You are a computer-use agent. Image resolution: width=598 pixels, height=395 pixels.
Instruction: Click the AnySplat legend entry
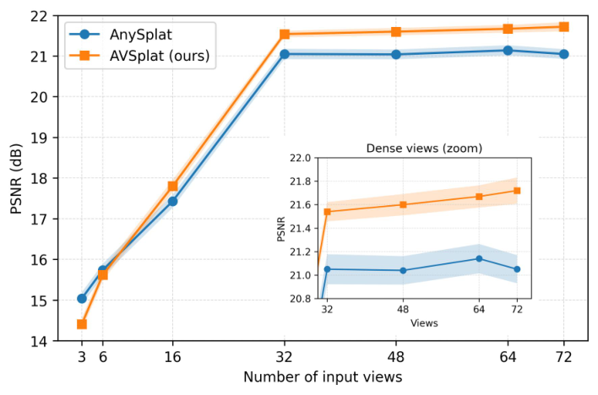tap(121, 35)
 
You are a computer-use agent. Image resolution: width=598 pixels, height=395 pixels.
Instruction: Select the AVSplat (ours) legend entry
tap(139, 56)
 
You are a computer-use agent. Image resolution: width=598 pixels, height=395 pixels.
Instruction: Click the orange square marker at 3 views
tap(82, 324)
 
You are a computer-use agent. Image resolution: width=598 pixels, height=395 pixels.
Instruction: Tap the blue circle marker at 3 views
tap(82, 299)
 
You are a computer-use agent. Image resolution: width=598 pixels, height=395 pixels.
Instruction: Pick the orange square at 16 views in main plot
tap(173, 186)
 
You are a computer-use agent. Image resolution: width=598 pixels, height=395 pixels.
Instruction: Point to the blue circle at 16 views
tap(173, 202)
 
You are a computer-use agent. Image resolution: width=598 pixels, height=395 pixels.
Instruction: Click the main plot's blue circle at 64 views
tap(508, 51)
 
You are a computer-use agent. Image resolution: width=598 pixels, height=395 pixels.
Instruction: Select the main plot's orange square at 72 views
tap(563, 27)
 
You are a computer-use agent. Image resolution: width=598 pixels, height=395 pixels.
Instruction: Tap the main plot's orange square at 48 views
tap(396, 31)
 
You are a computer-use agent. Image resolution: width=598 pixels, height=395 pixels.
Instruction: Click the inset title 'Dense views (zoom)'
tap(424, 148)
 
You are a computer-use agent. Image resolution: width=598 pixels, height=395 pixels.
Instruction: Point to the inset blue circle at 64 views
tap(479, 258)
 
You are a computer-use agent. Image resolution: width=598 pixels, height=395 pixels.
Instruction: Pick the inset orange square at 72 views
tap(517, 191)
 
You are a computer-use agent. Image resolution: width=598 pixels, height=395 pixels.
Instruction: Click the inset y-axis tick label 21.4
tap(301, 229)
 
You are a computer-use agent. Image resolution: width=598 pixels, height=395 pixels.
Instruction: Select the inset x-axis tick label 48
tap(403, 309)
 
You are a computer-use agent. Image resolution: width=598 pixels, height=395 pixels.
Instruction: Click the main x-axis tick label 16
tap(173, 357)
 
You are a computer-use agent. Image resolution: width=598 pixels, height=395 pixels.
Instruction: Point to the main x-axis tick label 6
tap(102, 357)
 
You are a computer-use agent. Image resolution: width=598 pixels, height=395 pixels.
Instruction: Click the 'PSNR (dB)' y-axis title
tap(16, 179)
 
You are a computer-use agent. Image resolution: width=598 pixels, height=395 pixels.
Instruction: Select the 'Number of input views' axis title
tap(323, 377)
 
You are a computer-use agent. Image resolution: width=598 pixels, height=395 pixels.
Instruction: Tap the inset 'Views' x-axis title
tap(424, 323)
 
